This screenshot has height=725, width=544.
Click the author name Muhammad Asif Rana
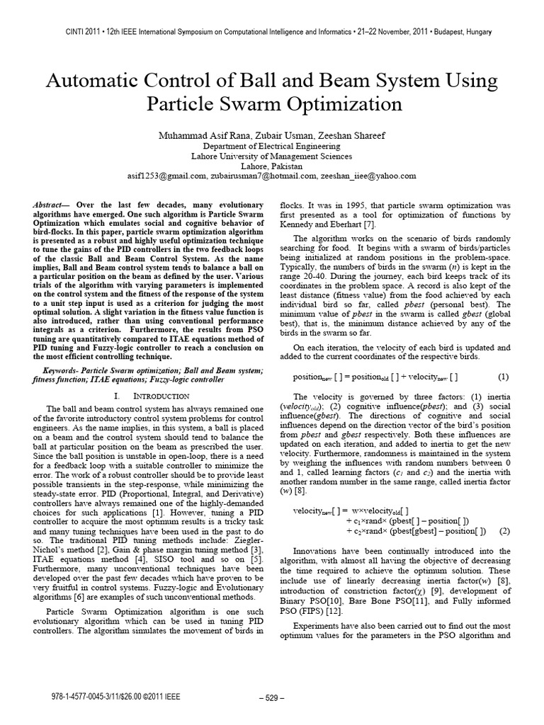point(213,135)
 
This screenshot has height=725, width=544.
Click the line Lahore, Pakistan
point(272,165)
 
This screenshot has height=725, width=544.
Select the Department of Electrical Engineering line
point(272,145)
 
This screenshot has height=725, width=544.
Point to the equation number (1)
point(504,376)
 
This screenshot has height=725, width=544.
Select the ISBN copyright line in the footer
point(101,697)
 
